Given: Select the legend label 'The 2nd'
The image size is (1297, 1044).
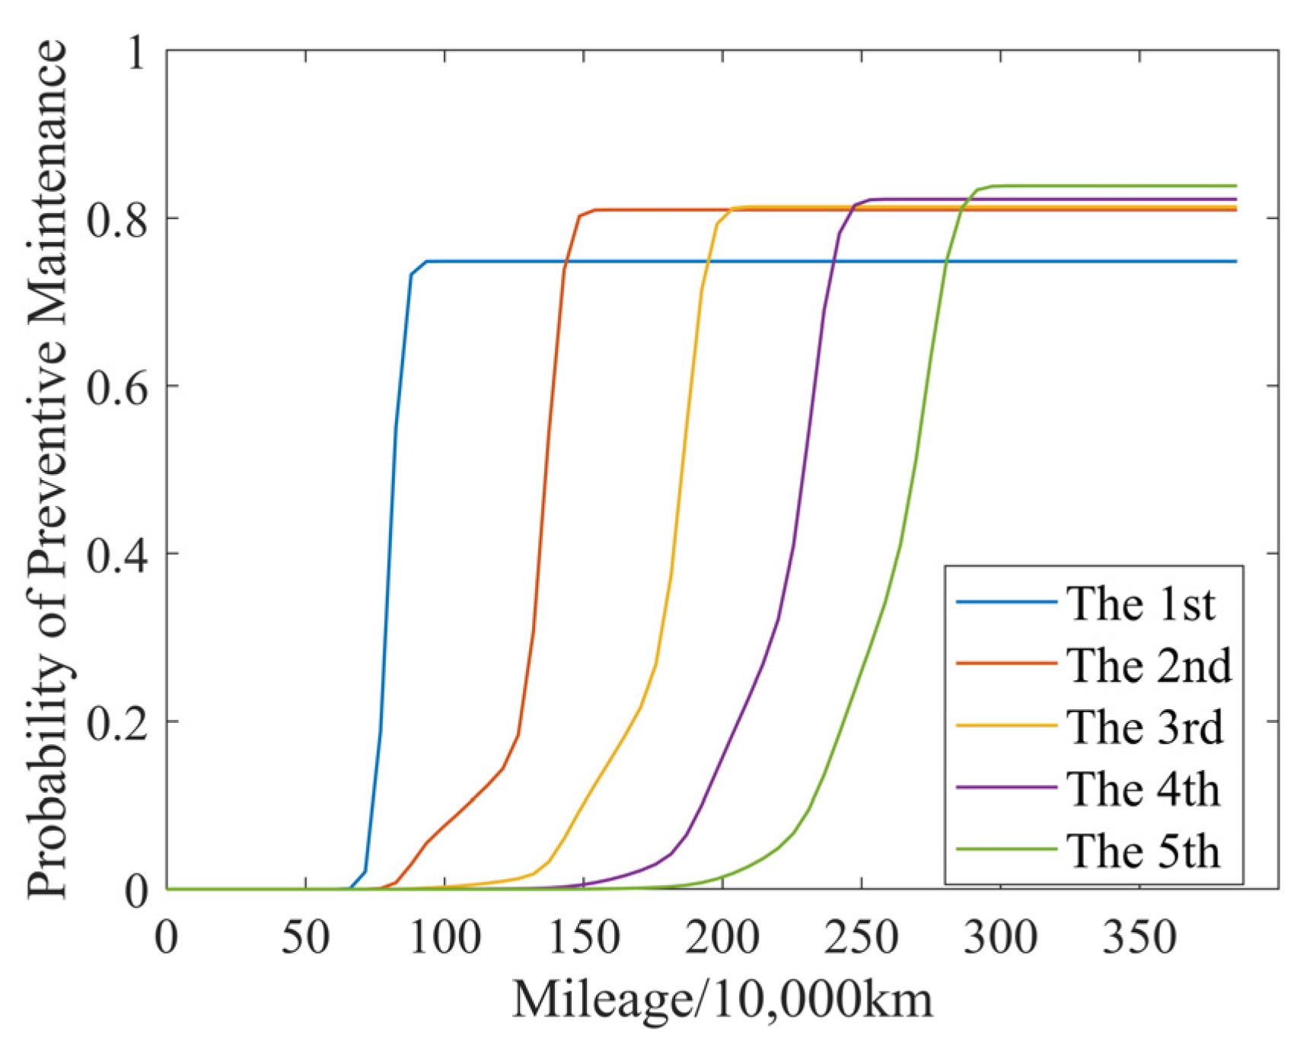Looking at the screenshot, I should coord(1148,666).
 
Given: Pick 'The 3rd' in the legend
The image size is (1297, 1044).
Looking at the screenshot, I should coord(1144,727).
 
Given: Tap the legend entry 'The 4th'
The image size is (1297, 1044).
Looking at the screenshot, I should coord(1142,789).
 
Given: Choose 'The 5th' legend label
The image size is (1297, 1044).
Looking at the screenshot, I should coord(1142,851).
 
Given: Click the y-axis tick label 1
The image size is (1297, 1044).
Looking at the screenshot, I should coord(136,53).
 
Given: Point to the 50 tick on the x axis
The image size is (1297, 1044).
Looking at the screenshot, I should coord(305,937).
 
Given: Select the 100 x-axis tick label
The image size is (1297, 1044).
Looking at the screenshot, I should coord(445,937).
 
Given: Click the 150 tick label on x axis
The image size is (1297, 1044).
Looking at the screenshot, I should coord(583,937).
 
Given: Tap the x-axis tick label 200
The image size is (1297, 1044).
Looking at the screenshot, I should coord(722,937).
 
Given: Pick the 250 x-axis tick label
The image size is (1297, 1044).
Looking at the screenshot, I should coord(861,937).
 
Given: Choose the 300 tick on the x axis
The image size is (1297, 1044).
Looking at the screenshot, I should coord(1000,937).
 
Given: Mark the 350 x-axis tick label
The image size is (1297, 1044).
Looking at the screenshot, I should coord(1139,937).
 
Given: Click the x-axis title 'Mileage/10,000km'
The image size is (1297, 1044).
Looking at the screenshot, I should coord(722,1000).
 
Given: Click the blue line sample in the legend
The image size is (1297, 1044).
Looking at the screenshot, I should coord(1006,603).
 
